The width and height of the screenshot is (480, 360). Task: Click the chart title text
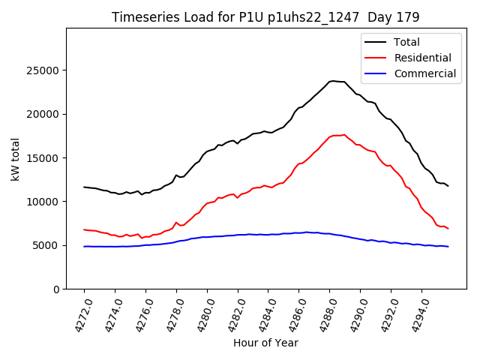point(265,16)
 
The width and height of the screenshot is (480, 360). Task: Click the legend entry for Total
point(406,42)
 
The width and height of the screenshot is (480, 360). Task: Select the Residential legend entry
point(422,58)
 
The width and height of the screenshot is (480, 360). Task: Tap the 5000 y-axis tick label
point(47,245)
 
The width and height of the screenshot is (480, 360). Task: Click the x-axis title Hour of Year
point(265,343)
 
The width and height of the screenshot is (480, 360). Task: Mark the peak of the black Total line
point(332,81)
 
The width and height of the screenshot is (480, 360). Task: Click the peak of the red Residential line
point(344,135)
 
